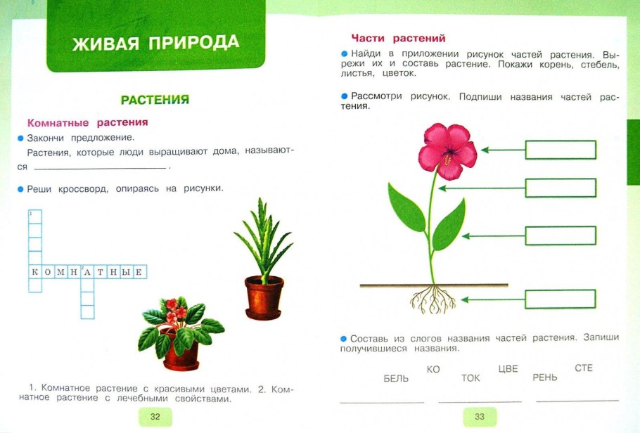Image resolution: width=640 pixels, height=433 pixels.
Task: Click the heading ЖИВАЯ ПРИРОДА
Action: tap(155, 43)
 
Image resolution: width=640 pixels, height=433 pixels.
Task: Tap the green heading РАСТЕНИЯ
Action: tap(155, 100)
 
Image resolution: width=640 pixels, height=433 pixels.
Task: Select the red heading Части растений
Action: tap(398, 39)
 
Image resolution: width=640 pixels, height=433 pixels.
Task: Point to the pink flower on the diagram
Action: tap(447, 146)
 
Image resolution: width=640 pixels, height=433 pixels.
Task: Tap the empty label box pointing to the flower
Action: tap(561, 150)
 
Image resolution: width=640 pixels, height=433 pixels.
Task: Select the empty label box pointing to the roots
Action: tap(561, 299)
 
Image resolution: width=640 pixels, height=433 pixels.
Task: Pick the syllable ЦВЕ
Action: tap(507, 368)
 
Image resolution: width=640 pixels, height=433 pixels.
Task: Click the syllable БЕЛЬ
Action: tap(396, 378)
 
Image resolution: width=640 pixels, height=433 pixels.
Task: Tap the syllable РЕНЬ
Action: tap(545, 377)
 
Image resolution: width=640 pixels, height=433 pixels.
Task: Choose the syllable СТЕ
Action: tap(584, 368)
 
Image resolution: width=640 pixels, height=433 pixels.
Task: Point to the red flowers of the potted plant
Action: tap(172, 309)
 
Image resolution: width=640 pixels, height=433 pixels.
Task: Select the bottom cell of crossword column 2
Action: tap(87, 311)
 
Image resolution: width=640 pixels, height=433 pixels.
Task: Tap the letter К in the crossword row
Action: tap(34, 271)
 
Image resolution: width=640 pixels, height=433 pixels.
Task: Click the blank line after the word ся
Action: tap(101, 167)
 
